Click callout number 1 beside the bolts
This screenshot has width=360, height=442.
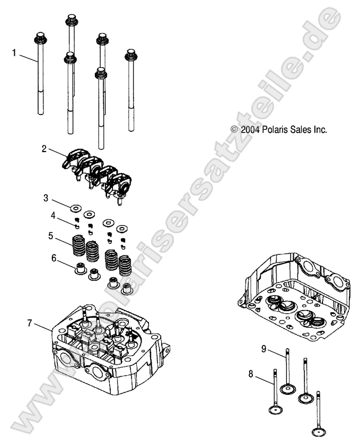[x=15, y=52]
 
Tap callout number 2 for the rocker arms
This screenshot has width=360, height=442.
[x=45, y=149]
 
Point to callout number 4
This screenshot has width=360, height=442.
[x=53, y=215]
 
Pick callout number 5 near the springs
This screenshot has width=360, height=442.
[x=50, y=235]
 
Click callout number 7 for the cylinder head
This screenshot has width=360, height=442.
[x=30, y=323]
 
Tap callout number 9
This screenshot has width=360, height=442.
[x=264, y=349]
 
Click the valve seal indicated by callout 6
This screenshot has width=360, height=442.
[x=80, y=268]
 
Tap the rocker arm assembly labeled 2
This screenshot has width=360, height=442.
[x=98, y=173]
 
